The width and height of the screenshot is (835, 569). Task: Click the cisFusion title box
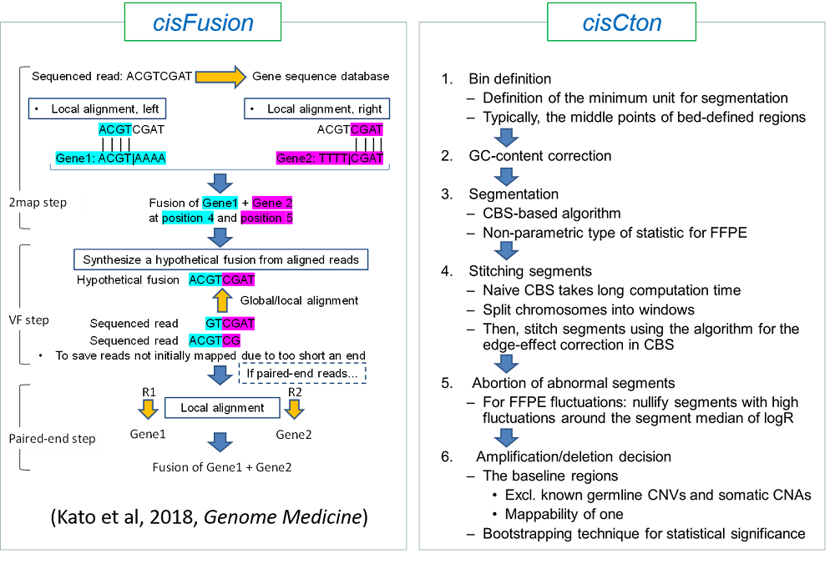pos(204,23)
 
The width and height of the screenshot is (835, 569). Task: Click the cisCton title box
pos(622,23)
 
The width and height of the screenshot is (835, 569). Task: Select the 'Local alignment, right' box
pos(313,109)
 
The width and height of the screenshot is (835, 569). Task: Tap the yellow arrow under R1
pos(147,410)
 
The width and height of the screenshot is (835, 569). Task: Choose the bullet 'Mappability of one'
pos(569,514)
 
